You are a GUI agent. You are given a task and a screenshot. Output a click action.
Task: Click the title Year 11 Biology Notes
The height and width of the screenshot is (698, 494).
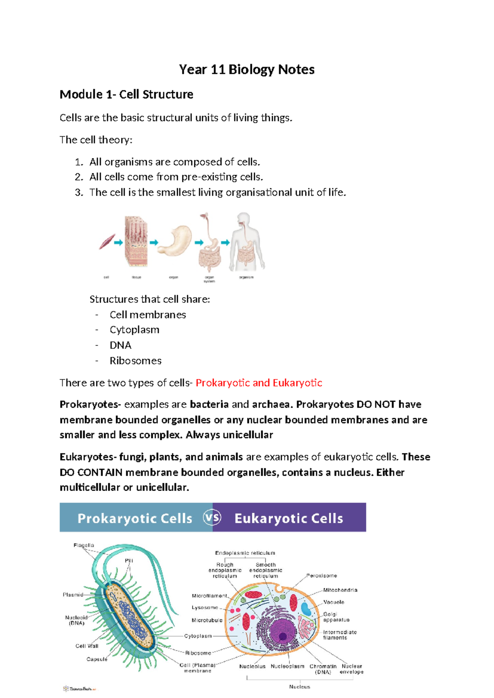pyautogui.click(x=247, y=70)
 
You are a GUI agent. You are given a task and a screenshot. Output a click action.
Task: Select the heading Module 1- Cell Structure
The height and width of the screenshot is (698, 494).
pyautogui.click(x=126, y=95)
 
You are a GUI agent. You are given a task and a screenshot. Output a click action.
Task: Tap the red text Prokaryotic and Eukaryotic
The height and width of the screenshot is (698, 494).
pyautogui.click(x=259, y=383)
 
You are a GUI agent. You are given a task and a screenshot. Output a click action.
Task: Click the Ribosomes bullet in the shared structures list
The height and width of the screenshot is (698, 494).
pyautogui.click(x=135, y=361)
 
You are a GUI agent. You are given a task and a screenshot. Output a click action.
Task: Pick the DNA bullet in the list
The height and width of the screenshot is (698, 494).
pyautogui.click(x=120, y=345)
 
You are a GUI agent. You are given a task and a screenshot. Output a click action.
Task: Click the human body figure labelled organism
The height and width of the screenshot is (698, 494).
pyautogui.click(x=246, y=243)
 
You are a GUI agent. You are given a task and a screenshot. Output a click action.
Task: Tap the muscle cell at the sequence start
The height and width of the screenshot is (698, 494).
pyautogui.click(x=107, y=242)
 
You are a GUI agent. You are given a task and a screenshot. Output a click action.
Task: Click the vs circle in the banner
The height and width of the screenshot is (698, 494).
pyautogui.click(x=212, y=518)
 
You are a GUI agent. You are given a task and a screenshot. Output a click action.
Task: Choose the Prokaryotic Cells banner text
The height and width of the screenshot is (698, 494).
pyautogui.click(x=135, y=519)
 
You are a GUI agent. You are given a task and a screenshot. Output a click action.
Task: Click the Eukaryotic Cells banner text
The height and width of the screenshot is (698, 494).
pyautogui.click(x=289, y=519)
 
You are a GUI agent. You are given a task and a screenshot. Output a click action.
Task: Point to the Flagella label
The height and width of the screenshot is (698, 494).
pyautogui.click(x=84, y=545)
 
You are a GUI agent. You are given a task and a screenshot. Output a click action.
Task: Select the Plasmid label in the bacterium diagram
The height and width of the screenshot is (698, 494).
pyautogui.click(x=73, y=595)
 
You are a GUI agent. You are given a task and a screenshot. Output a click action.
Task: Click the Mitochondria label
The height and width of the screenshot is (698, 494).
pyautogui.click(x=340, y=590)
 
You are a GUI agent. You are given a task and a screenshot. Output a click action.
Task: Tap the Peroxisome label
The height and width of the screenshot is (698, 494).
pyautogui.click(x=322, y=576)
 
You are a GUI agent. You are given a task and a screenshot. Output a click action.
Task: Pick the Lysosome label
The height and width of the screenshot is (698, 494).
pyautogui.click(x=205, y=607)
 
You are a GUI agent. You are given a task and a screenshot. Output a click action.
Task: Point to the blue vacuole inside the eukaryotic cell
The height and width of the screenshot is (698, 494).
pyautogui.click(x=306, y=609)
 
